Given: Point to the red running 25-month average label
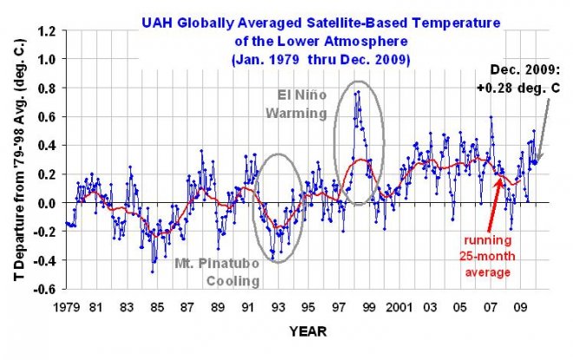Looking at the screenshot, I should (x=484, y=256).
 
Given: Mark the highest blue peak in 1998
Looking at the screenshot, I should (x=357, y=91).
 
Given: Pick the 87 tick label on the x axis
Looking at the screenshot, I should (x=188, y=307).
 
